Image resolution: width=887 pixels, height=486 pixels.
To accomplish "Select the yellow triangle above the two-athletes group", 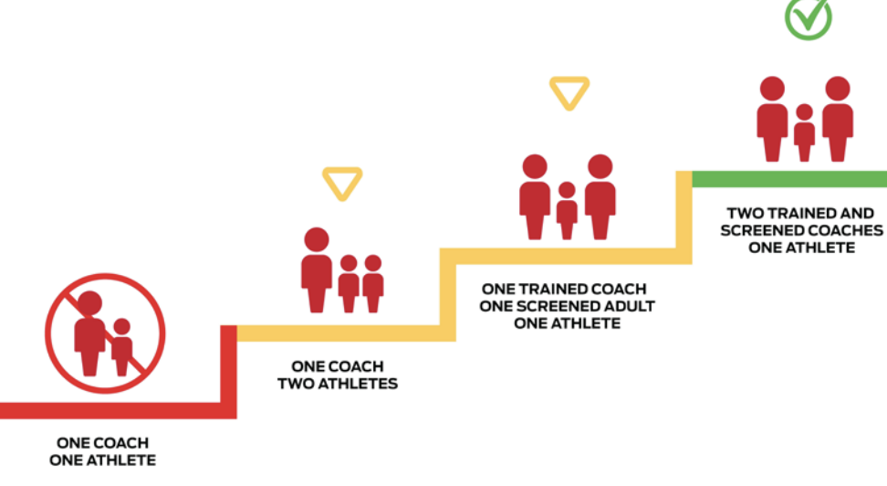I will click(x=342, y=183).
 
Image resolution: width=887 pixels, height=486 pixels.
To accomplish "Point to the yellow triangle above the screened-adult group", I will click(x=569, y=92).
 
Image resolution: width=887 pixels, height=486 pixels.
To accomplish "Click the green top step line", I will click(x=788, y=179).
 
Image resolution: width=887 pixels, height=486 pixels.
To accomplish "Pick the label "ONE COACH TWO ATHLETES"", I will click(x=338, y=375).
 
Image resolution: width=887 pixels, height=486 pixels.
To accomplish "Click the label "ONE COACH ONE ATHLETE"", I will click(x=102, y=451).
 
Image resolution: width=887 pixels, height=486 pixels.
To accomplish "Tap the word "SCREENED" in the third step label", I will click(x=561, y=306).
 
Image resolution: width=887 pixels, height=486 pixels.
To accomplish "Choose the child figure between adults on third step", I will click(x=567, y=209).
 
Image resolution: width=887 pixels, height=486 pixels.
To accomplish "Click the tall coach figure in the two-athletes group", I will click(x=317, y=269).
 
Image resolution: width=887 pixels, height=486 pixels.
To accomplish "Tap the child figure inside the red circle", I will click(x=121, y=346).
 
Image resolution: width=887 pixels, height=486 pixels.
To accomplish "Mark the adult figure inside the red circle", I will click(x=90, y=333).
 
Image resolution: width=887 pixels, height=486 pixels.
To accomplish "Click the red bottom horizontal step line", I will click(x=110, y=410).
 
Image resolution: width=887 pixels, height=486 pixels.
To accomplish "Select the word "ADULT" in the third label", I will click(x=627, y=306).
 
